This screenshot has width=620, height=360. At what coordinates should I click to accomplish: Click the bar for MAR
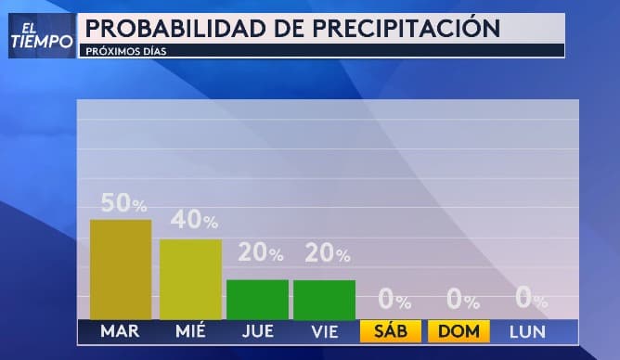pos(120,269)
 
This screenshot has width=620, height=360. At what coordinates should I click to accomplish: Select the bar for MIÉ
pos(190,279)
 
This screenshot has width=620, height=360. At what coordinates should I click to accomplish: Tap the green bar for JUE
pos(257,299)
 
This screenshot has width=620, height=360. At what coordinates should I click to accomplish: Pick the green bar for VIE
pos(324,300)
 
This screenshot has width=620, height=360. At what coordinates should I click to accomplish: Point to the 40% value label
pos(194,221)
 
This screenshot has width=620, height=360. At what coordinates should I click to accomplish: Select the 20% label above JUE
pos(262,253)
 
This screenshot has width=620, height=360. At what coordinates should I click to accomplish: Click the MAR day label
pos(120,331)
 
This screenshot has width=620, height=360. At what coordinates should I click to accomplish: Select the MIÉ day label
pos(190,331)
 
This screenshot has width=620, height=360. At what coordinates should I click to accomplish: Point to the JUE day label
pos(257,331)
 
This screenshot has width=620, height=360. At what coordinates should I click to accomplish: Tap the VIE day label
pos(324,331)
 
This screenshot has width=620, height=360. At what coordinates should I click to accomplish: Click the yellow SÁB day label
pos(392,331)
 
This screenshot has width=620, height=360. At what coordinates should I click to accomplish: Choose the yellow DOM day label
pos(459,331)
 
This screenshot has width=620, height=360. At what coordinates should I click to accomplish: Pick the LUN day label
pos(526,331)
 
